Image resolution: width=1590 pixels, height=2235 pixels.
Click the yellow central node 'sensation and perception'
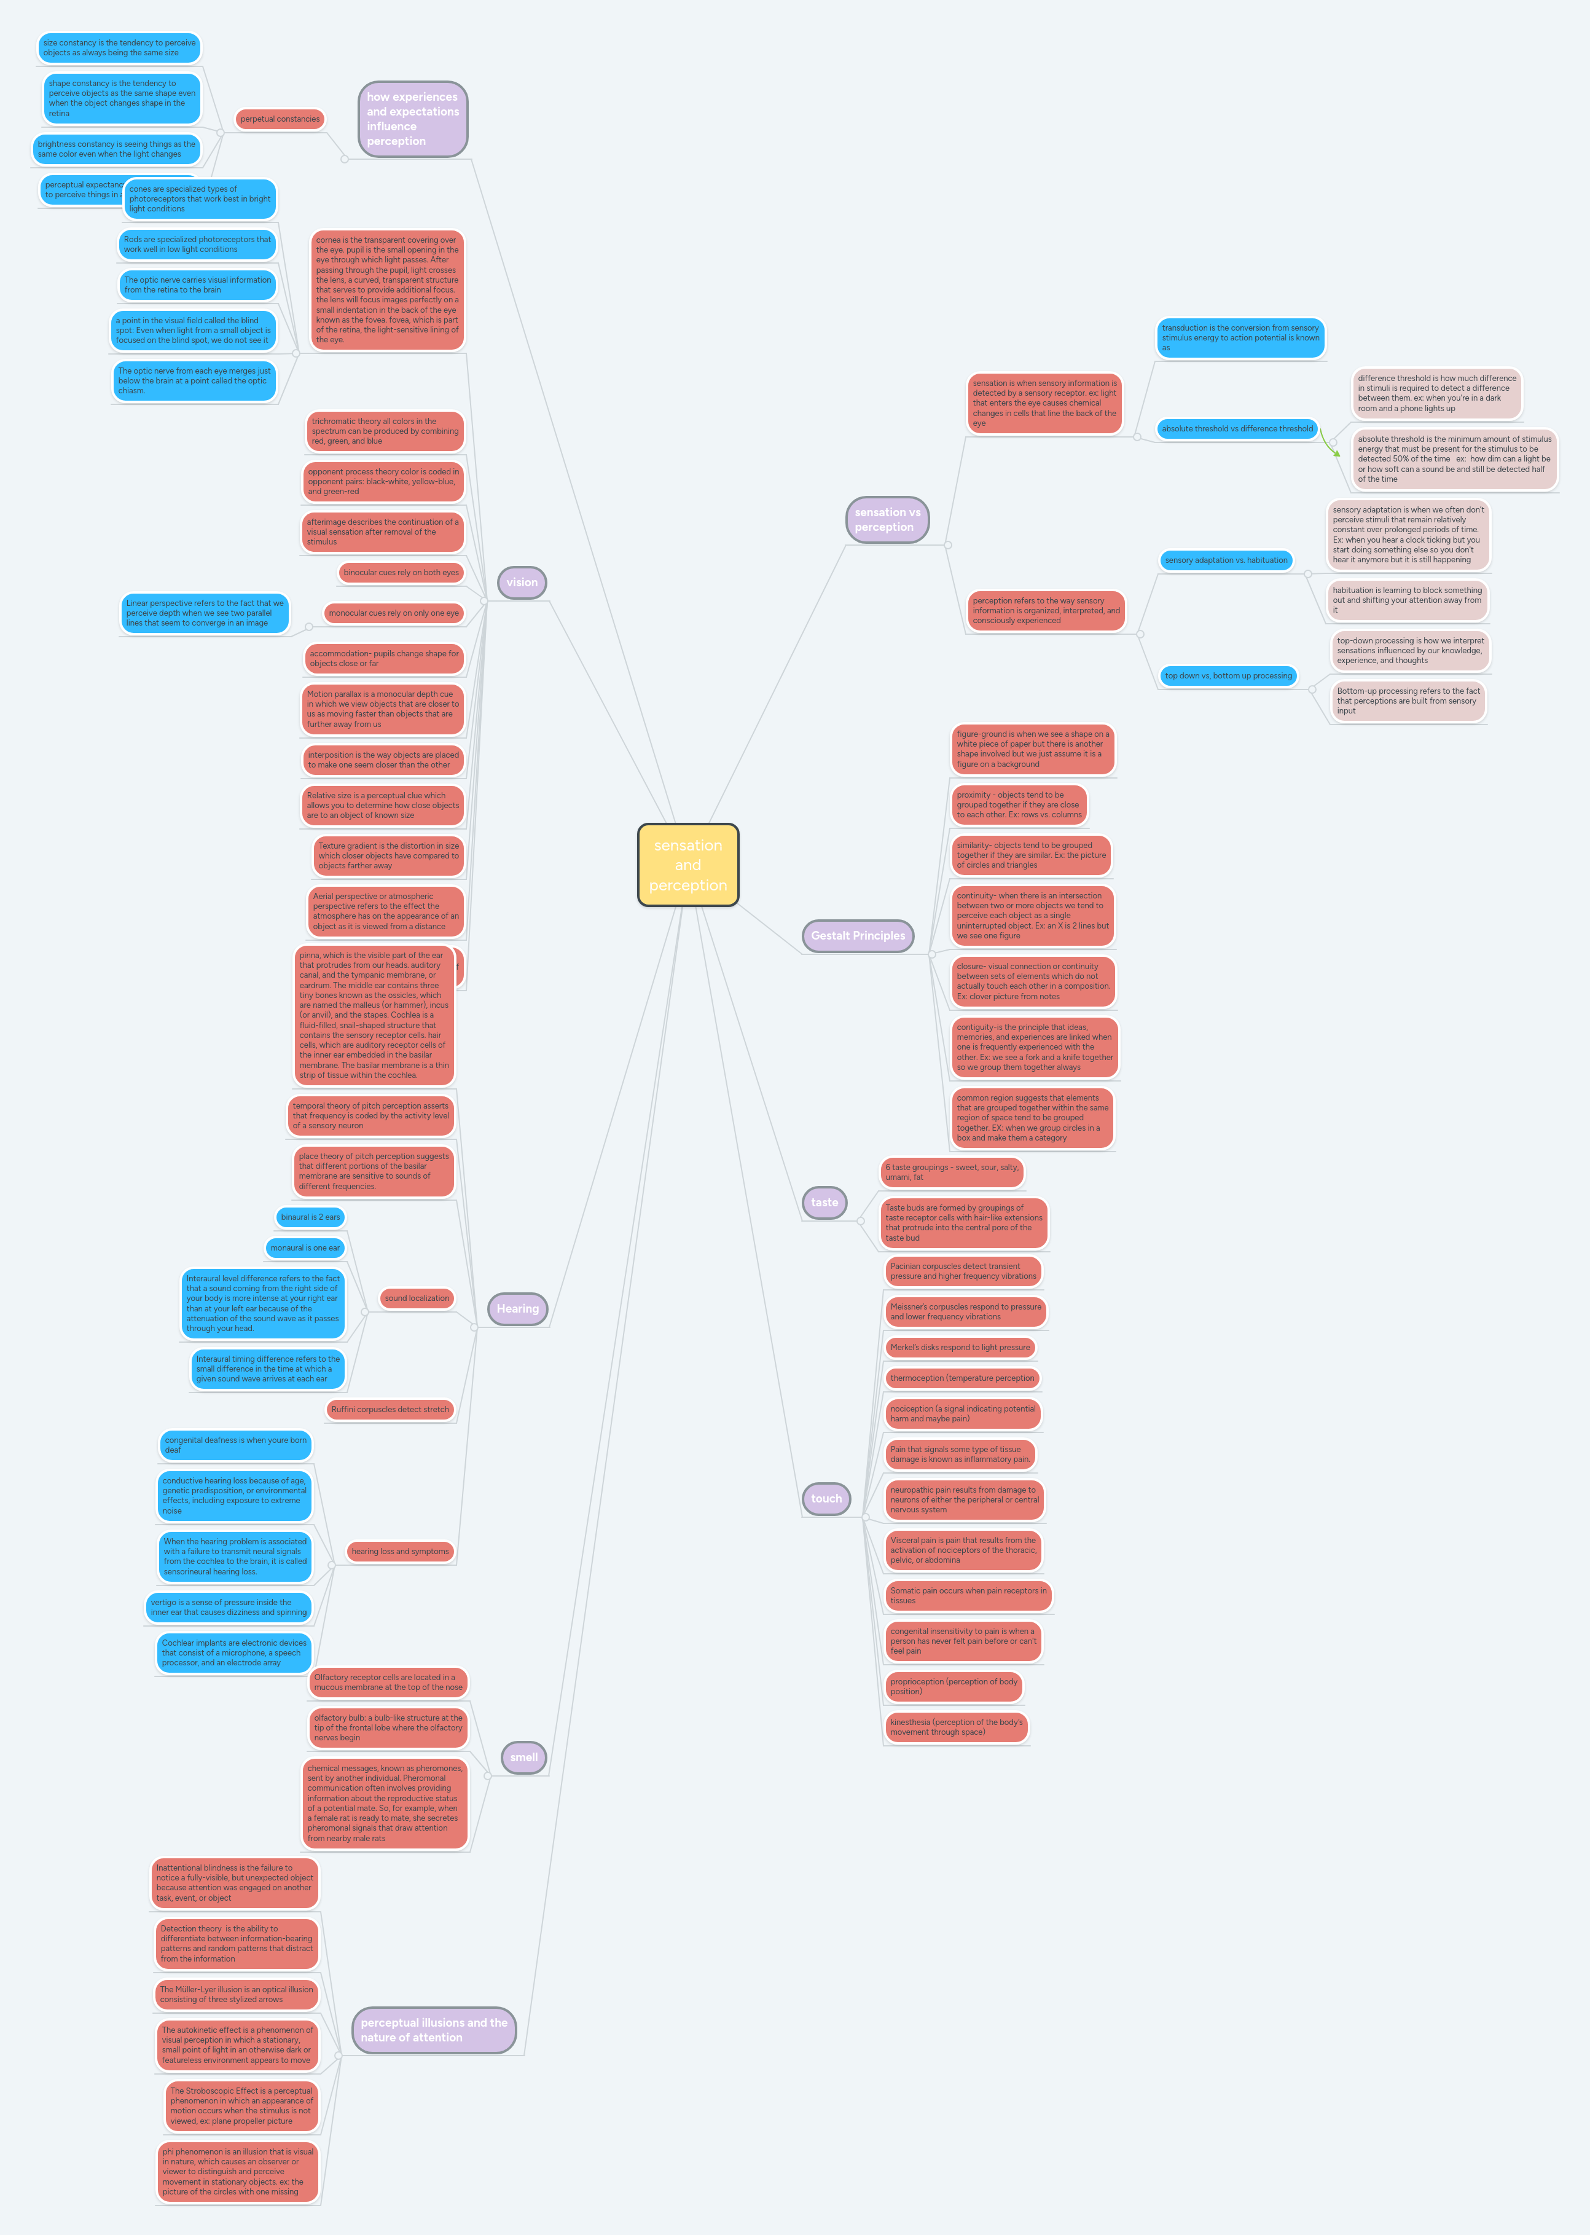(687, 865)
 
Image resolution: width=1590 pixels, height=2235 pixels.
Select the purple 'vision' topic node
(522, 582)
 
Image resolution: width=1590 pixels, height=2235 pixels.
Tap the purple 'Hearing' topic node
(517, 1308)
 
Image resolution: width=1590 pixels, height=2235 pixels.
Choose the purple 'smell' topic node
(524, 1757)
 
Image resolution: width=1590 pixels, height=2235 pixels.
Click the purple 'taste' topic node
(824, 1203)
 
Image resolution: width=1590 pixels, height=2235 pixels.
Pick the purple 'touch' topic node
(826, 1498)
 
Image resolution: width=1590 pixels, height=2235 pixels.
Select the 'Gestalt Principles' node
(858, 935)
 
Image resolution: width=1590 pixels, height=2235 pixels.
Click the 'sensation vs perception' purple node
(887, 520)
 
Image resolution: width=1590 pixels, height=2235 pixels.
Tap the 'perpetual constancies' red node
(280, 119)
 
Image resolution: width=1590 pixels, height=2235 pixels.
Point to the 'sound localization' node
(417, 1298)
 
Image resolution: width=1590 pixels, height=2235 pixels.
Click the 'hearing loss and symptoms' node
(401, 1552)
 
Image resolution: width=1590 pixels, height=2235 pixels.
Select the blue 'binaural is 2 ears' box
(310, 1217)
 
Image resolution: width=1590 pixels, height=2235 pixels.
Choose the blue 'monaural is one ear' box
(305, 1247)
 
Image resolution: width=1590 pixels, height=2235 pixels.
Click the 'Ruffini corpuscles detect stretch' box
(390, 1409)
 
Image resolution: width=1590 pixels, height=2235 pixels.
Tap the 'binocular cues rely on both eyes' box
(401, 573)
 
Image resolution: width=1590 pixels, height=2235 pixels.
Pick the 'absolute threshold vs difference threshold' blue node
(1237, 429)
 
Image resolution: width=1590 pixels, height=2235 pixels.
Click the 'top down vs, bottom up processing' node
(1228, 676)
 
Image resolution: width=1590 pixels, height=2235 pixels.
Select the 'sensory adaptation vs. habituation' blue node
(1226, 560)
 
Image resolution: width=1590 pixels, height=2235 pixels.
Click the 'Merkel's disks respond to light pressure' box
(960, 1348)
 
